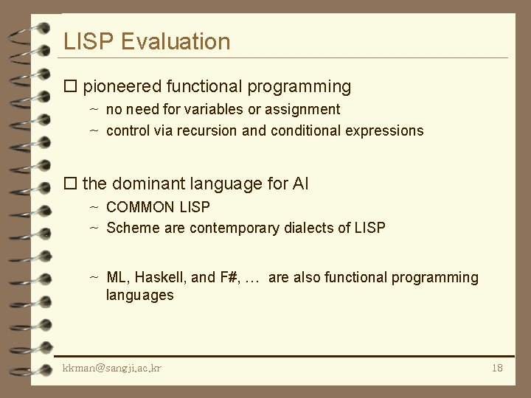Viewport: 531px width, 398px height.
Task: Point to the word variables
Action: (211, 110)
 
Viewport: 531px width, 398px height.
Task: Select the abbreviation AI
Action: (299, 184)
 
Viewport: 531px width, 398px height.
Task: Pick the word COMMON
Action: (140, 207)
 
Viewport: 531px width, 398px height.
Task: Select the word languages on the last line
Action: (139, 296)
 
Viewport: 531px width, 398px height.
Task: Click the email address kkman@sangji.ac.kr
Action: (112, 367)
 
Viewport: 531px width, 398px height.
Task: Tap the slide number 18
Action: (496, 367)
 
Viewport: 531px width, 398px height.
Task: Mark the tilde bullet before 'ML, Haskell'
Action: (94, 278)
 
